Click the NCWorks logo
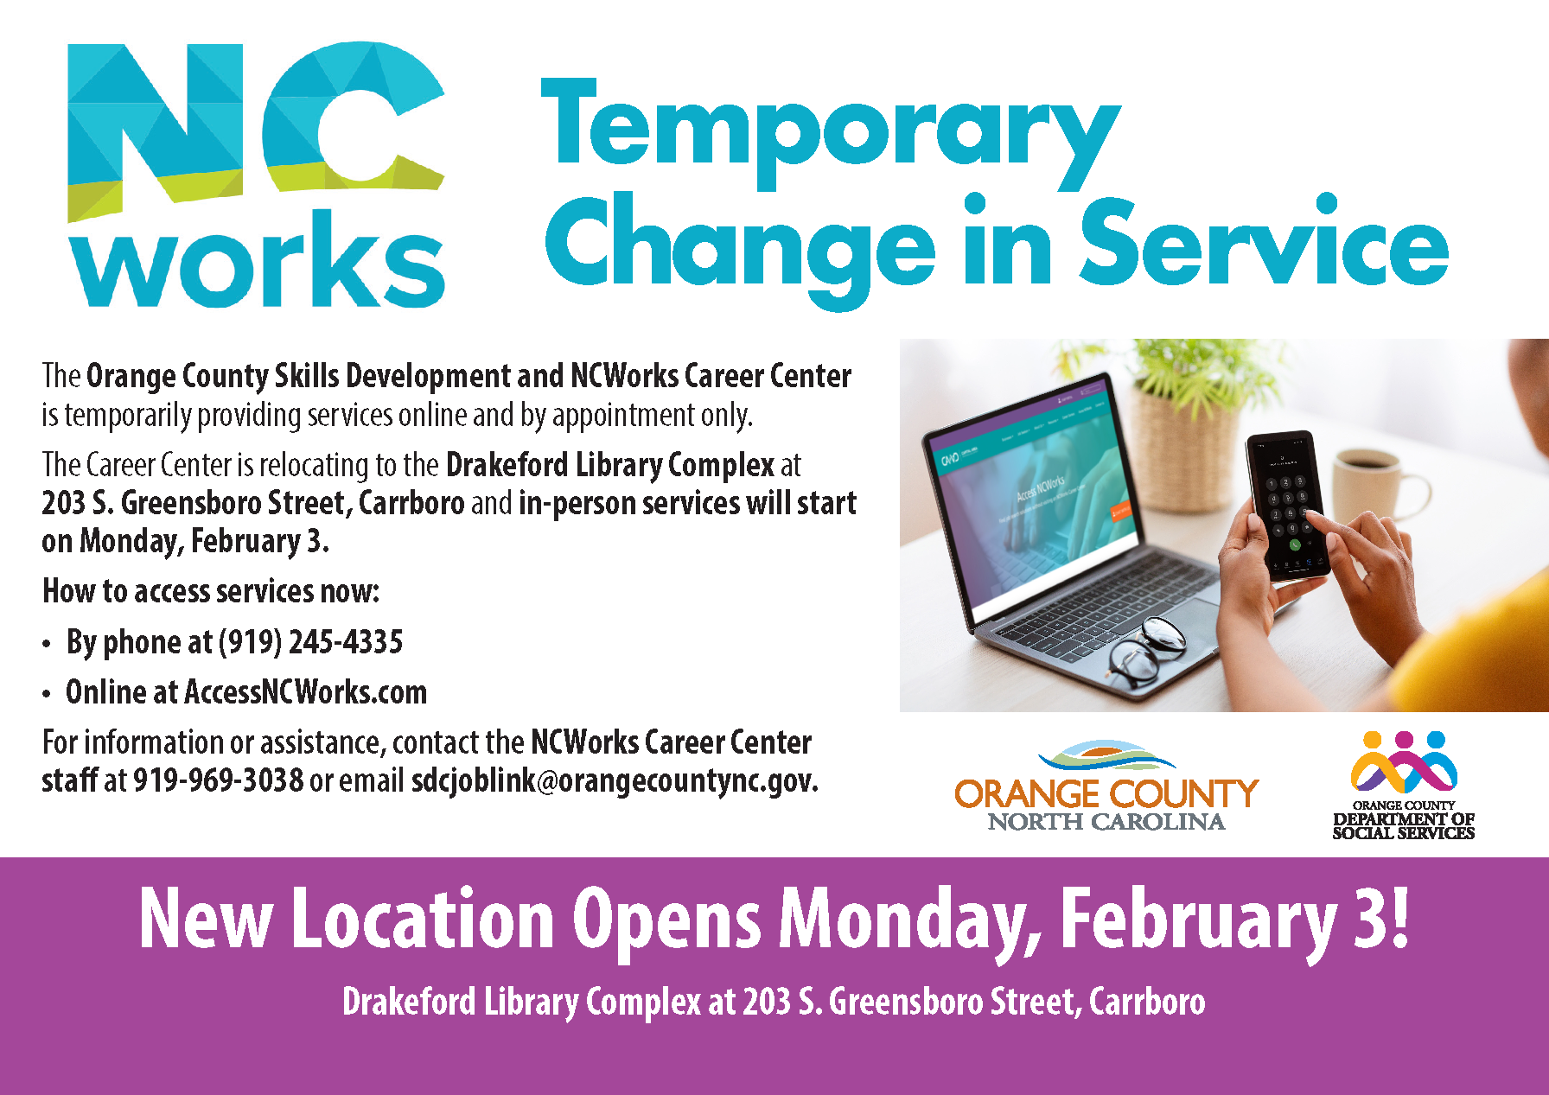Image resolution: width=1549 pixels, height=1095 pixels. [256, 175]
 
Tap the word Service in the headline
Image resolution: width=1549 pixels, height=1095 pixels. [1265, 242]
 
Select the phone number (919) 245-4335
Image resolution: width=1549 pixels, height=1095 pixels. [310, 642]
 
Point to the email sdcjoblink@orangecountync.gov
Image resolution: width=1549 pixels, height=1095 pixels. [614, 780]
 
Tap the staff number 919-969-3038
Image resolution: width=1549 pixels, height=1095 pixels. [218, 780]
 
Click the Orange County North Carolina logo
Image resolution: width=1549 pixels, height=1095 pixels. [1106, 786]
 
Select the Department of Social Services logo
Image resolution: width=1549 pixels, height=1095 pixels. [1404, 786]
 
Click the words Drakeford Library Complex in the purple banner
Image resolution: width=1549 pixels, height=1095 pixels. [521, 1003]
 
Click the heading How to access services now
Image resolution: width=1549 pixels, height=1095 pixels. [211, 591]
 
